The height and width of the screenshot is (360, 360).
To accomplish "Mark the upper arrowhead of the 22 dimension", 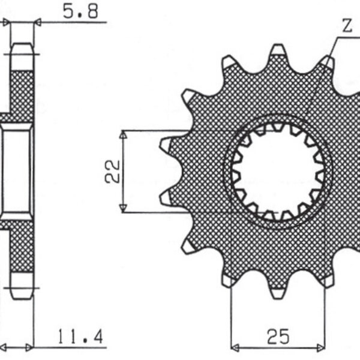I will (x=123, y=135).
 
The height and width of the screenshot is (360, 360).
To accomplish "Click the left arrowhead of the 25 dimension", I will (x=235, y=347).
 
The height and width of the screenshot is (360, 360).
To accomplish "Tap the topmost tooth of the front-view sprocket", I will (x=277, y=52).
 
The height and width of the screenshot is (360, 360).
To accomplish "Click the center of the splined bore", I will (x=278, y=171).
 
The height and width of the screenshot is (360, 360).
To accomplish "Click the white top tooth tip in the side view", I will (x=22, y=56).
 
